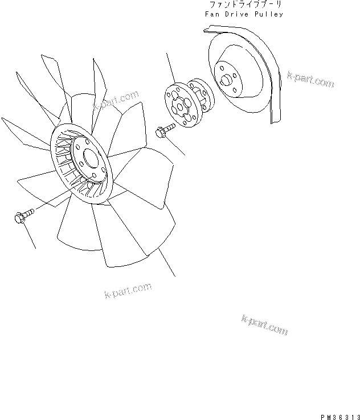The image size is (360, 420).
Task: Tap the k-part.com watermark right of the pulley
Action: (310, 80)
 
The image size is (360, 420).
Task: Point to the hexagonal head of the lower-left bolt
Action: (17, 217)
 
